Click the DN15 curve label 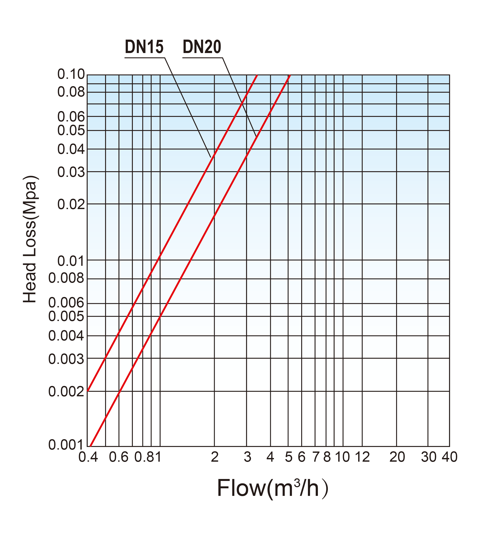pos(144,47)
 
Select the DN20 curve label pos(202,47)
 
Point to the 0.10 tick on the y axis pos(71,74)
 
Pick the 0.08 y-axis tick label pos(71,92)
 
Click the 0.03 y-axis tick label pos(71,172)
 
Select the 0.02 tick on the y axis pos(71,205)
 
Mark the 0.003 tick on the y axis pos(66,359)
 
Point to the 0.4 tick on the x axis pos(88,457)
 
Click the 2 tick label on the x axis pos(215,457)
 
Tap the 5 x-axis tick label pos(289,457)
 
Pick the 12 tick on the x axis pos(362,457)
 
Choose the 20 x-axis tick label pos(397,457)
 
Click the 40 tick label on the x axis pos(450,457)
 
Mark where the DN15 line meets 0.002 pos(88,391)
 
